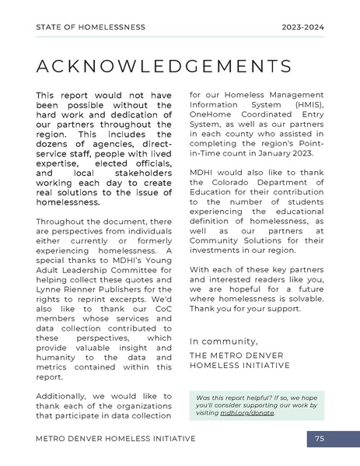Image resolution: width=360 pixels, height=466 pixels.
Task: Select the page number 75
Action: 320,440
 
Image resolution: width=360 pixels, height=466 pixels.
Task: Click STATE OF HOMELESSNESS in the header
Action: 90,26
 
